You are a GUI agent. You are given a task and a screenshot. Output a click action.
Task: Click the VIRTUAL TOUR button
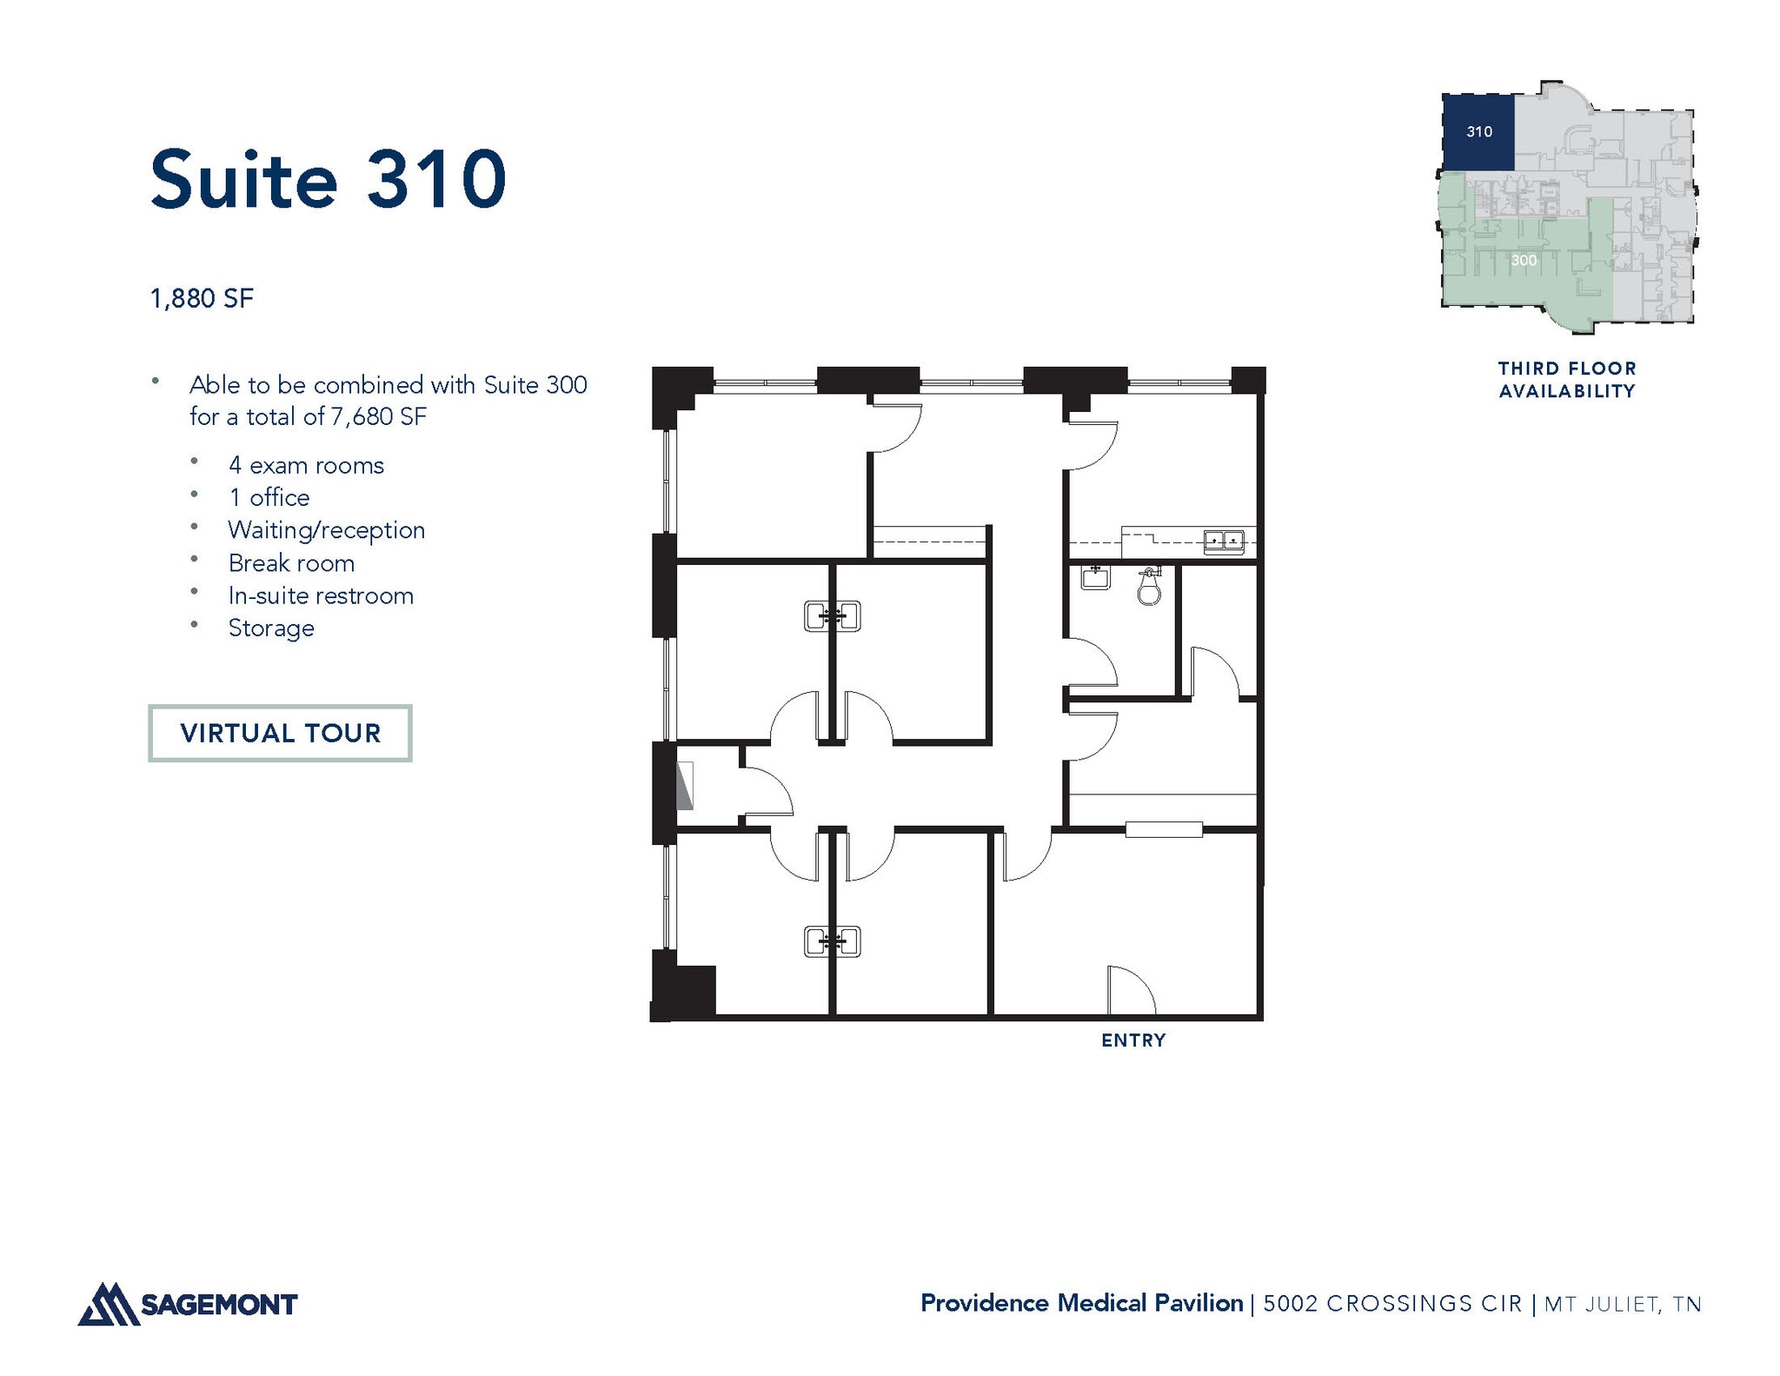[280, 733]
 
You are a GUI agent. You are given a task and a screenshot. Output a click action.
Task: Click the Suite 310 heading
[328, 180]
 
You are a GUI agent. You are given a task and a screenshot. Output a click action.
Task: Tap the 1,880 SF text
[202, 299]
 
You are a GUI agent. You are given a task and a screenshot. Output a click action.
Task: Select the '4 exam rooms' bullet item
[305, 466]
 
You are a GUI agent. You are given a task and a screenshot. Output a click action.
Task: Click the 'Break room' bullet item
[290, 563]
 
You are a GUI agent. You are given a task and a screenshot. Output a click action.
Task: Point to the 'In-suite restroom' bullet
[320, 596]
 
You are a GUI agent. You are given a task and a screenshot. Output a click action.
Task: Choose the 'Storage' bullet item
[270, 628]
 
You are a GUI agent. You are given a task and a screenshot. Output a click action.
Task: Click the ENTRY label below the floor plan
[1133, 1040]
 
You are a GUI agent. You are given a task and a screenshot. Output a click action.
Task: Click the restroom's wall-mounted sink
[1095, 576]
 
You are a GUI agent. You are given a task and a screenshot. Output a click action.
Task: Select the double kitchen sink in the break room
[1224, 542]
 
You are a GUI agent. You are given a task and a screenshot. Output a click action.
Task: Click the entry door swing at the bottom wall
[1130, 991]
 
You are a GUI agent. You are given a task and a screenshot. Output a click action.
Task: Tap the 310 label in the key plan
[1479, 132]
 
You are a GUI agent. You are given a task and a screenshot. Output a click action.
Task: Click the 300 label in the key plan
[1524, 261]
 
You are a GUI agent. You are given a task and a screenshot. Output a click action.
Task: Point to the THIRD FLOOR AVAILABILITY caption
[1567, 380]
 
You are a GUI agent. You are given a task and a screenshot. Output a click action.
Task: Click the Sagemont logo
[188, 1304]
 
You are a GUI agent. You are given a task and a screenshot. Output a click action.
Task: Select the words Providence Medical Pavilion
[1081, 1303]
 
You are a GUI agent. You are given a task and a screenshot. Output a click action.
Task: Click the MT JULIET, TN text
[1623, 1304]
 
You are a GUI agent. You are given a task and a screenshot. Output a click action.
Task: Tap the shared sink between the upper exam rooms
[833, 616]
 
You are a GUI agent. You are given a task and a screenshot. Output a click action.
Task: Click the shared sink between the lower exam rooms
[833, 941]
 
